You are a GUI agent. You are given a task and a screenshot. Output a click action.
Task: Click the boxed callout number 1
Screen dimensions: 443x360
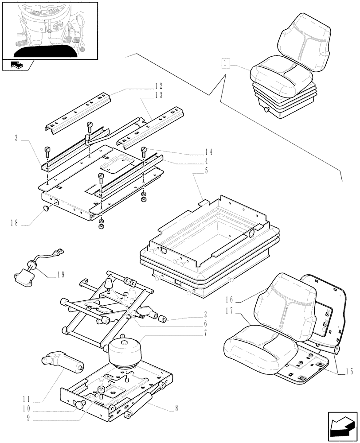[x=226, y=64]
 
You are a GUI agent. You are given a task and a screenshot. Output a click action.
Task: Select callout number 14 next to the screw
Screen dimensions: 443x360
[x=208, y=152]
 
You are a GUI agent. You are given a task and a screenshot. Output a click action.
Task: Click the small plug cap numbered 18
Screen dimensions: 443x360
[x=46, y=208]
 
